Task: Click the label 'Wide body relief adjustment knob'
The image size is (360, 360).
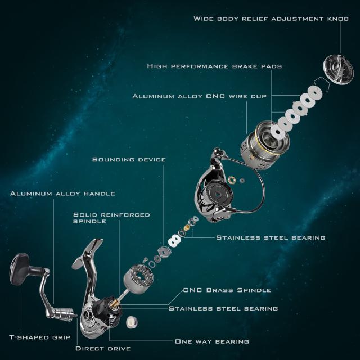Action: pyautogui.click(x=271, y=19)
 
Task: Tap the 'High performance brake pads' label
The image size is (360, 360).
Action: pyautogui.click(x=214, y=66)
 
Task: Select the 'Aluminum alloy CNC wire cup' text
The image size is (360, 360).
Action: pyautogui.click(x=200, y=96)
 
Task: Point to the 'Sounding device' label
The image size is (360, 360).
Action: pyautogui.click(x=129, y=159)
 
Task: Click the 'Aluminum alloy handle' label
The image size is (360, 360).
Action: pyautogui.click(x=62, y=193)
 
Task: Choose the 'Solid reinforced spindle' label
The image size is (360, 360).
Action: pyautogui.click(x=111, y=218)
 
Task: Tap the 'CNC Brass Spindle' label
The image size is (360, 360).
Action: pyautogui.click(x=227, y=290)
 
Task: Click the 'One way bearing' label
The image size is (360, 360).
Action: pyautogui.click(x=212, y=341)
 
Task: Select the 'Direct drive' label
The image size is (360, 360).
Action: pyautogui.click(x=103, y=349)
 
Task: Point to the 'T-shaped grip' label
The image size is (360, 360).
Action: pyautogui.click(x=40, y=337)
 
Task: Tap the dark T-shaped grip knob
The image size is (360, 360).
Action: pyautogui.click(x=20, y=269)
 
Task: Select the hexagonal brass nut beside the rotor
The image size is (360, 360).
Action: pyautogui.click(x=232, y=180)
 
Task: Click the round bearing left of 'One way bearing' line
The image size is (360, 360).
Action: pyautogui.click(x=132, y=322)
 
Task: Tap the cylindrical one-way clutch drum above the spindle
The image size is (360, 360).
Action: pyautogui.click(x=138, y=279)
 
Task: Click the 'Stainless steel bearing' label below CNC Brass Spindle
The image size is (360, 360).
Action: pyautogui.click(x=223, y=308)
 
